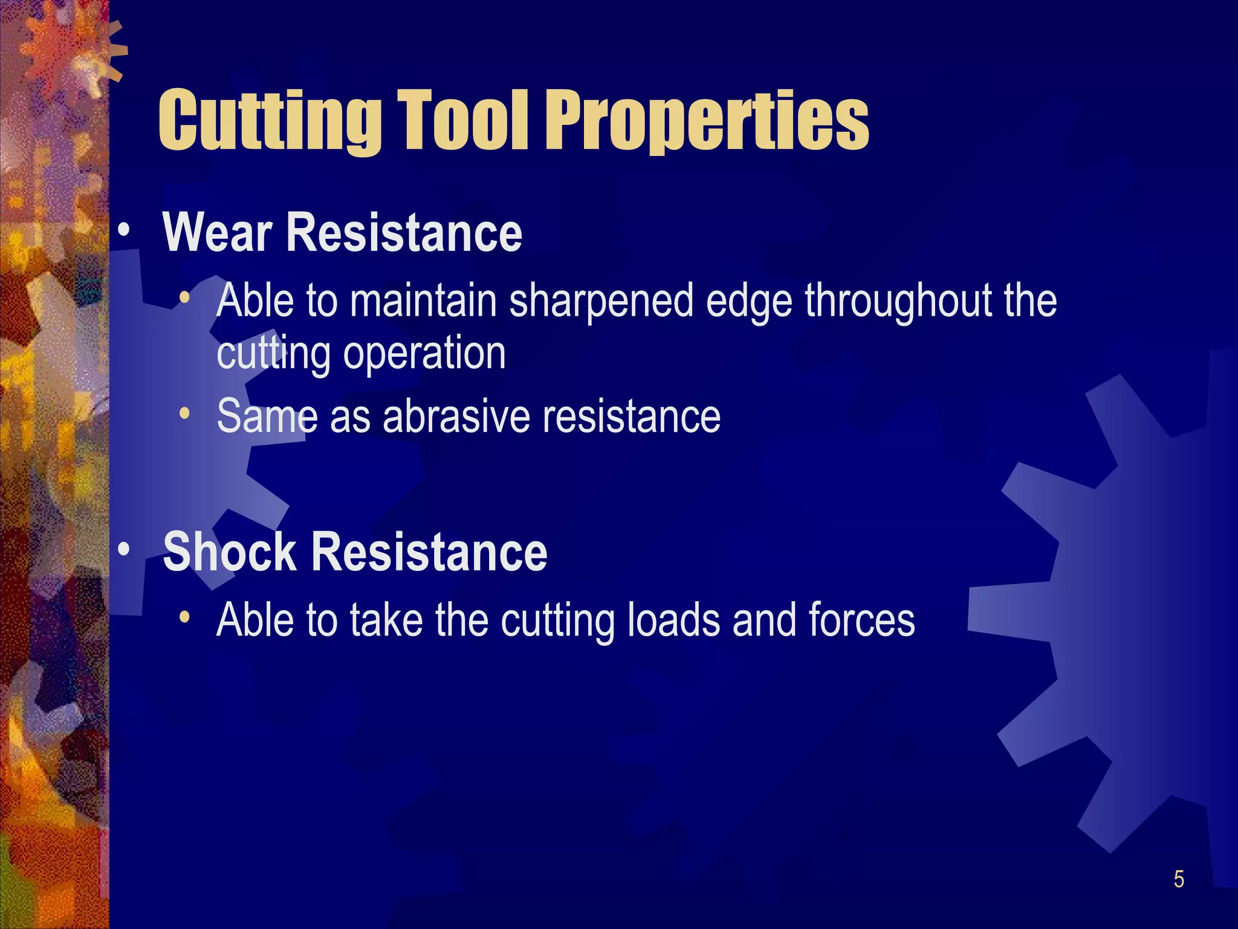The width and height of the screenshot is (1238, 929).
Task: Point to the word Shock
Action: click(x=230, y=552)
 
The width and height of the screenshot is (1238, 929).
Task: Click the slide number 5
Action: click(x=1179, y=879)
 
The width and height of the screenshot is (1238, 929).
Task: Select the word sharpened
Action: click(x=601, y=301)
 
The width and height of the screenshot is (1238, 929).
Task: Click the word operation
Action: click(x=424, y=353)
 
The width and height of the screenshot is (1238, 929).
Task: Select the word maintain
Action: click(x=423, y=301)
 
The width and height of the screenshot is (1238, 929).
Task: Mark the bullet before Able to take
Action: click(x=185, y=618)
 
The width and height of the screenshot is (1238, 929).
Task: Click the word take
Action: click(x=386, y=620)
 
